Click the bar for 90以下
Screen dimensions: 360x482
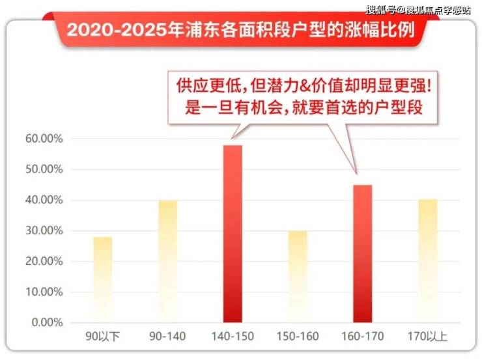(102, 280)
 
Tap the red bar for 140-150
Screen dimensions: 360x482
(233, 234)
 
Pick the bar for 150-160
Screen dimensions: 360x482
(298, 277)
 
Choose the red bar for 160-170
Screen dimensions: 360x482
(363, 254)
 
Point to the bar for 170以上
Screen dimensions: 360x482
(427, 261)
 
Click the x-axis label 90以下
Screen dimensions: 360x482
(102, 337)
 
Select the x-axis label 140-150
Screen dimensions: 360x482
(233, 337)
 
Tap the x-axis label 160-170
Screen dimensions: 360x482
(363, 337)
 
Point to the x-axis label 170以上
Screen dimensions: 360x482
(427, 337)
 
